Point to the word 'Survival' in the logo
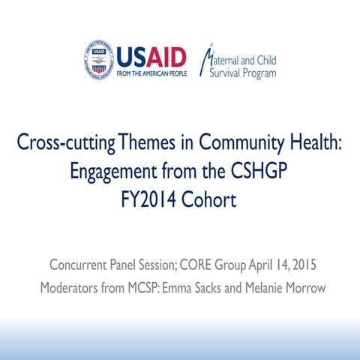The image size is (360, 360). point(225,73)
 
